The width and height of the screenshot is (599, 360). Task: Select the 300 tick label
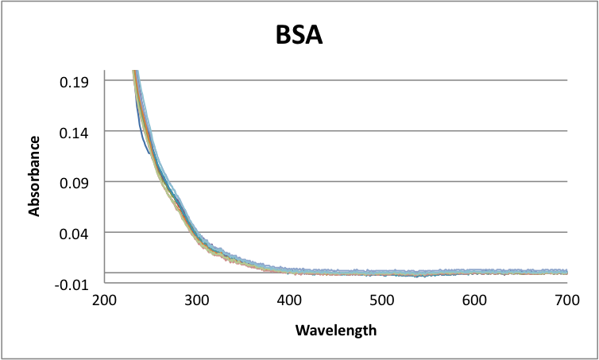coord(197,300)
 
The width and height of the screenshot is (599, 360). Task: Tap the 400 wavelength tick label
coord(289,300)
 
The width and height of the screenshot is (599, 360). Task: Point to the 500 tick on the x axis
coord(382,300)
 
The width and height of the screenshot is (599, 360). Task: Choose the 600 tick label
coord(474,300)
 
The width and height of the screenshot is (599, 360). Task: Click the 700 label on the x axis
coord(566,300)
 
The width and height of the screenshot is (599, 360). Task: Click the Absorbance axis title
coord(35,176)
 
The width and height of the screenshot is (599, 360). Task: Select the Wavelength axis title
coord(335,329)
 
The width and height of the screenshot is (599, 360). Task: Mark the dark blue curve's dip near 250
coord(148,153)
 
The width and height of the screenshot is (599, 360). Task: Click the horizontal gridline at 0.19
coord(357,80)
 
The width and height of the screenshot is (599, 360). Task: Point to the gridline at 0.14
coord(357,131)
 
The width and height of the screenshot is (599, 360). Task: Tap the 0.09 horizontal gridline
coord(357,182)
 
